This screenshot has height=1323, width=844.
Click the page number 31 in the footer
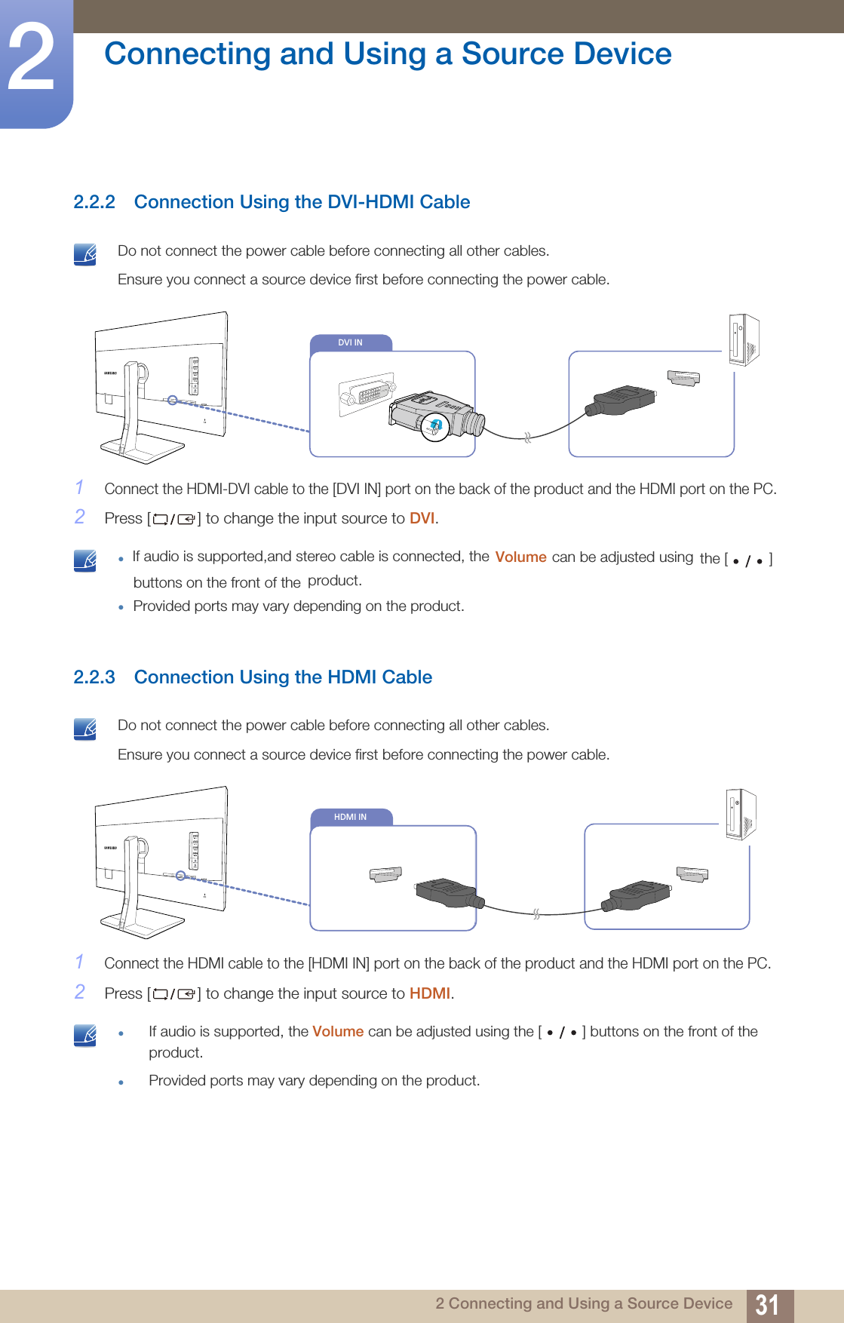(767, 1305)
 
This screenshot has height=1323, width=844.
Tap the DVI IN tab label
(350, 342)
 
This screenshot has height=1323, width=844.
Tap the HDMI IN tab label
(350, 817)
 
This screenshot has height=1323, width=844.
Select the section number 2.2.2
(94, 202)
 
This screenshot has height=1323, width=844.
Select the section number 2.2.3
(94, 677)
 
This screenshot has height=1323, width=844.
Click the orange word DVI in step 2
(422, 518)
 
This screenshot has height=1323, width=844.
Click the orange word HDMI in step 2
(429, 993)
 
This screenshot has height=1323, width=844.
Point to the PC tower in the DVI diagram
(744, 339)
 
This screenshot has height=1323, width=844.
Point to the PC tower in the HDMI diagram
(741, 814)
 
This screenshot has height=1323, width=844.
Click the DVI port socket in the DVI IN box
(367, 394)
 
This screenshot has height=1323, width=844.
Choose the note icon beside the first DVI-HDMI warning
(85, 254)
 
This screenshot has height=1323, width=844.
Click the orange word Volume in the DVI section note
(520, 557)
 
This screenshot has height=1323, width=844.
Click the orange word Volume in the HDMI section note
(338, 1032)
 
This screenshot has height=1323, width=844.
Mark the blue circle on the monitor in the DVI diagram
(173, 400)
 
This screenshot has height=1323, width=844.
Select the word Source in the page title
(505, 54)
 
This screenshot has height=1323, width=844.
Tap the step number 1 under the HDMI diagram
(79, 962)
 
